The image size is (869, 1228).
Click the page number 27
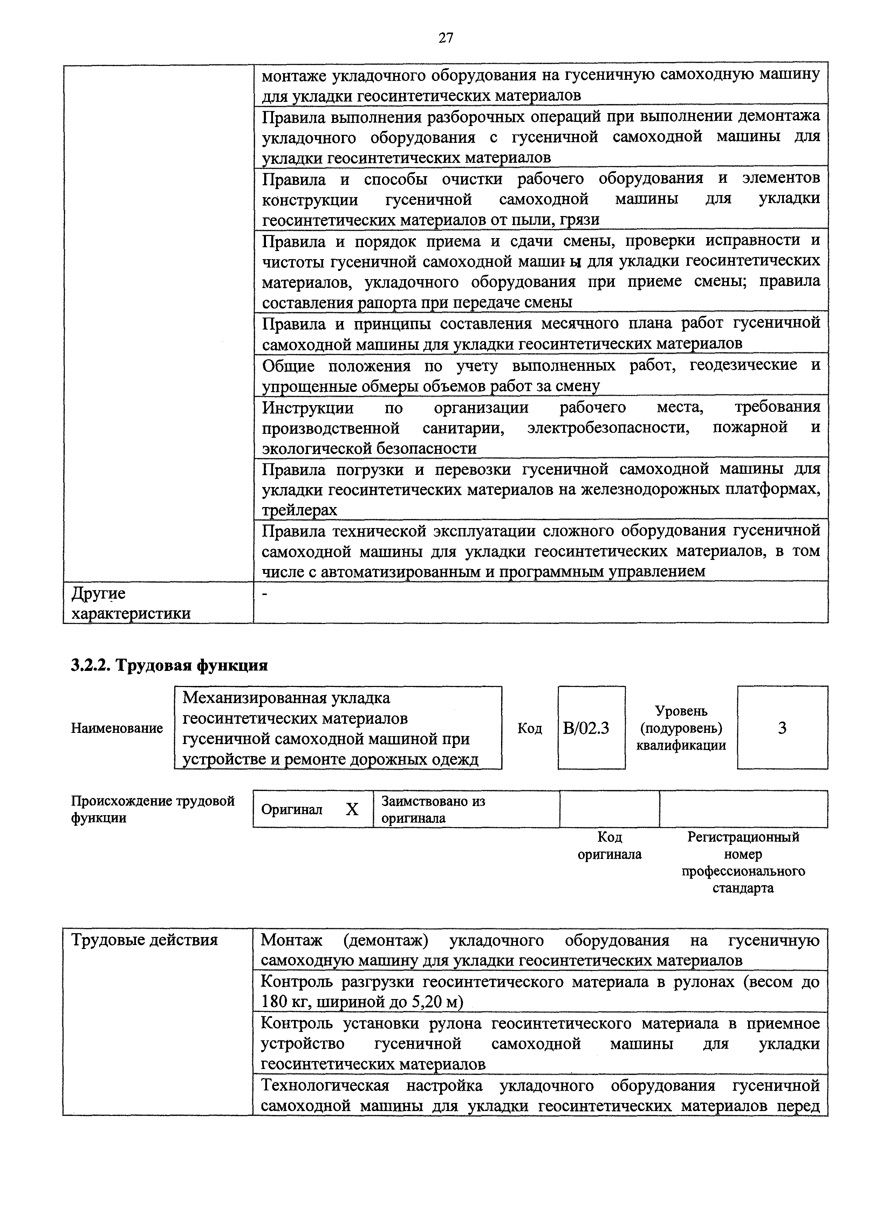[x=446, y=38]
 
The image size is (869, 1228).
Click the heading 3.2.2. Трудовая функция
[x=169, y=665]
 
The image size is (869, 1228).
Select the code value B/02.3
[x=586, y=728]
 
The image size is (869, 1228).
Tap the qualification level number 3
[x=782, y=728]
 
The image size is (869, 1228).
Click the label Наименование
[x=117, y=728]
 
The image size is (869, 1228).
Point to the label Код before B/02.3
[x=530, y=728]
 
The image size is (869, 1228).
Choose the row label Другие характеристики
[x=131, y=603]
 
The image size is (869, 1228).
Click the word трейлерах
[x=299, y=510]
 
